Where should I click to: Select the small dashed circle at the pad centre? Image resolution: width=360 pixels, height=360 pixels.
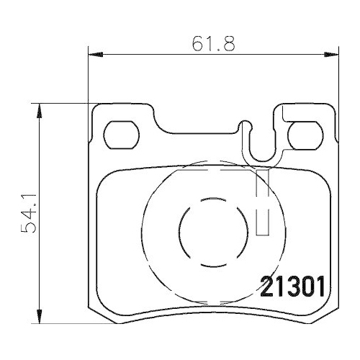205,234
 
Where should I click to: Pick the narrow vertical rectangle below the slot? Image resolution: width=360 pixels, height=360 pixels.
263,202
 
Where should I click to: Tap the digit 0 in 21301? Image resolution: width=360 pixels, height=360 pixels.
306,286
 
